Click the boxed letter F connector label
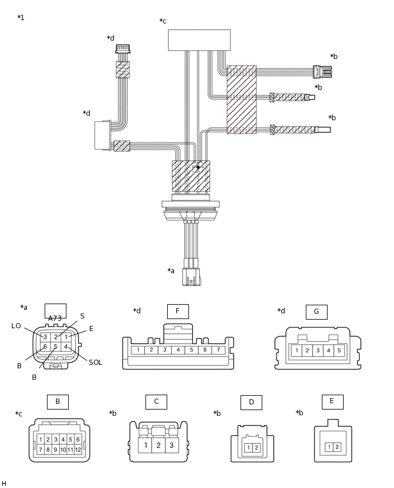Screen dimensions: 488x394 point(178,312)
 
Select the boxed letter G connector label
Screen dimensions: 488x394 point(316,312)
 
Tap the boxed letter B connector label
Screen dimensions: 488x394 point(57,402)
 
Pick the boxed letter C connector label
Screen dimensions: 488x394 point(156,402)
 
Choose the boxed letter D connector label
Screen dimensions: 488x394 point(251,403)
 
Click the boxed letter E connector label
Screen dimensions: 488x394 point(332,402)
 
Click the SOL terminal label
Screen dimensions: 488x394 point(95,363)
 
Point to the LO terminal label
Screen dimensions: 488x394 point(16,326)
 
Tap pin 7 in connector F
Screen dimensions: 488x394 point(218,350)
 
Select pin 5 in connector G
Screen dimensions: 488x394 point(338,351)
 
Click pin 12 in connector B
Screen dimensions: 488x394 point(78,450)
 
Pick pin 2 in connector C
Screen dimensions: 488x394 point(158,445)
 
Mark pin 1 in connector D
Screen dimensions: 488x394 point(249,448)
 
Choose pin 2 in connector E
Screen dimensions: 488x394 point(337,447)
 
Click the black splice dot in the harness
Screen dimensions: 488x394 point(198,167)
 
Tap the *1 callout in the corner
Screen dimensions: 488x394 point(21,18)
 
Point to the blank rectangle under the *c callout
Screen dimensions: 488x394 point(199,40)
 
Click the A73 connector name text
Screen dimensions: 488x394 point(55,318)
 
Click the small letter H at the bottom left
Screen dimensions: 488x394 point(4,484)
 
